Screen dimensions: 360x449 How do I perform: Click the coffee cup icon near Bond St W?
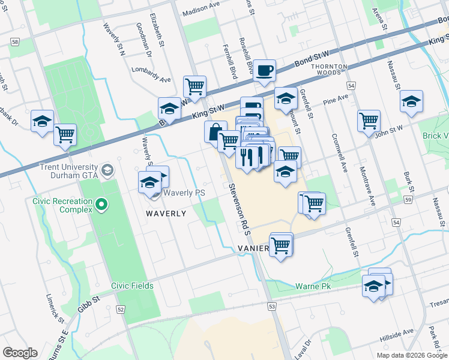click(x=264, y=71)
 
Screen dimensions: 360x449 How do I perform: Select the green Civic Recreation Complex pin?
click(x=101, y=205)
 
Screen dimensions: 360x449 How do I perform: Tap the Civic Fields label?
click(x=132, y=286)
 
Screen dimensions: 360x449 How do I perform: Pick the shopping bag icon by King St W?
click(x=215, y=131)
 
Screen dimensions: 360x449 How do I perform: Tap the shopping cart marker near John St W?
click(x=369, y=121)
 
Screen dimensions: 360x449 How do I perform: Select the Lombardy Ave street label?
click(x=151, y=75)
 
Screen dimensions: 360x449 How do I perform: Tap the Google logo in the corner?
click(x=20, y=353)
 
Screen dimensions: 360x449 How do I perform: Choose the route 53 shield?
click(x=272, y=307)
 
